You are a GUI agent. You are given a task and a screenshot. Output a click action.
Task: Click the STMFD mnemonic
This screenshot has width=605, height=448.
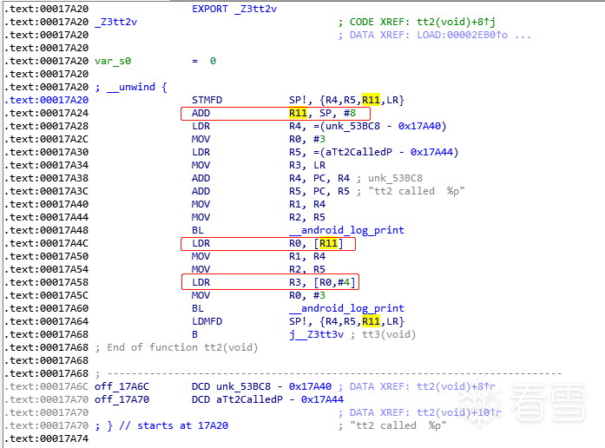point(207,100)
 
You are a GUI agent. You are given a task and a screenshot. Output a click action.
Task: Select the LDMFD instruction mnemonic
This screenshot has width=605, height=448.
point(207,321)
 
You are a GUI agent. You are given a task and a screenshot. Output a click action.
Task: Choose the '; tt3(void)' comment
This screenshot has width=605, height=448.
point(385,334)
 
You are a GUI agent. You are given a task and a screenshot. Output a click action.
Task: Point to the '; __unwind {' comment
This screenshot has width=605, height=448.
point(131,87)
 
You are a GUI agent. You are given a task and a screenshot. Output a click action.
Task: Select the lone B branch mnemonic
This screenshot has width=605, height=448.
point(195,334)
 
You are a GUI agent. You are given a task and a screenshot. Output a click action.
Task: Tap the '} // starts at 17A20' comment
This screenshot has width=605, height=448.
point(156,425)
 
